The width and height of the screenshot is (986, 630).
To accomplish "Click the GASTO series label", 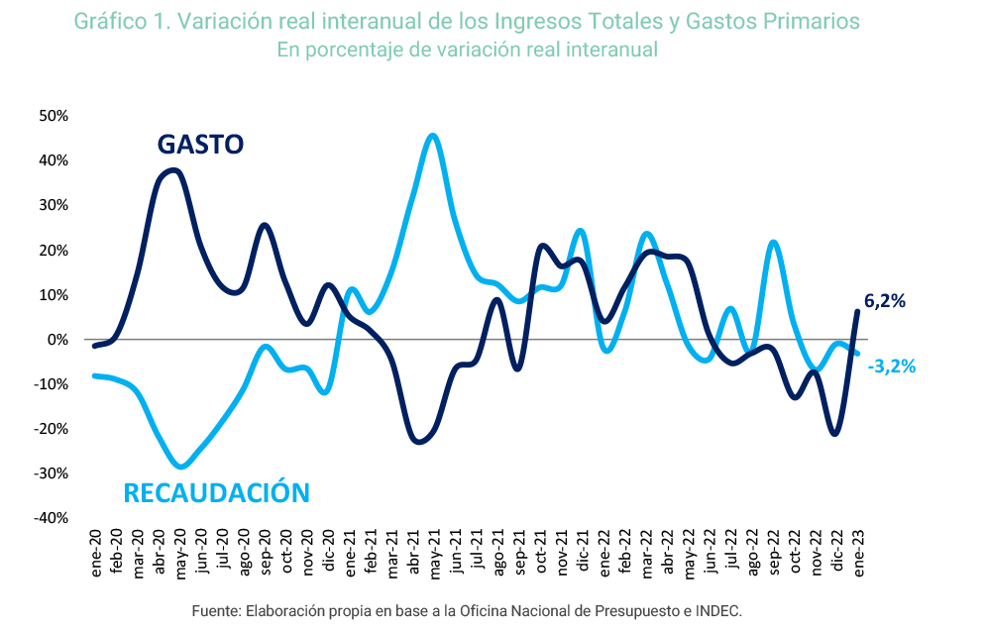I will pos(200,145).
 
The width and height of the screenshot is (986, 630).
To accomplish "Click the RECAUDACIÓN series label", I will pos(216,492).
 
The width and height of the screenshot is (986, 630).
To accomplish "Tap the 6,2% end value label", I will pos(885,301).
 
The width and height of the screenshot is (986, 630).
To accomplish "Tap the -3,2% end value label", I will pos(891,367).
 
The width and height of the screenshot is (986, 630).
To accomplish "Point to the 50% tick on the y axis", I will pos(54,116).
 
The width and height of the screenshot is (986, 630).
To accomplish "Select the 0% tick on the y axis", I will pos(57,340).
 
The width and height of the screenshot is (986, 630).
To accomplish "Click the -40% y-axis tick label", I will pos(52,518).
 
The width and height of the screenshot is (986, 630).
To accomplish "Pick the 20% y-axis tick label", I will pos(54,251).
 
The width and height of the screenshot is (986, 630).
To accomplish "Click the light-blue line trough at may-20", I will pos(179,467).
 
